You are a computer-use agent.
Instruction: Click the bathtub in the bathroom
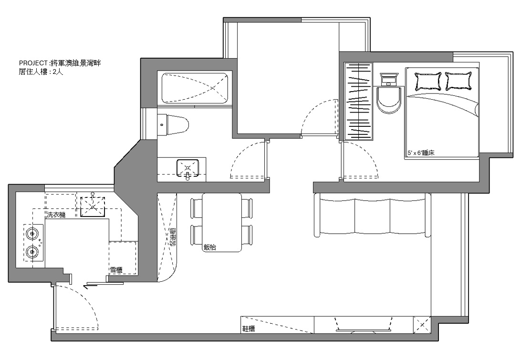pyautogui.click(x=195, y=88)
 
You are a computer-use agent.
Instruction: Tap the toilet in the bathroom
pyautogui.click(x=173, y=125)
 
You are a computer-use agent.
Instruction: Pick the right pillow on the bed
pyautogui.click(x=458, y=81)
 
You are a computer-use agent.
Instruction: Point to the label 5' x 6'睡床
pyautogui.click(x=421, y=154)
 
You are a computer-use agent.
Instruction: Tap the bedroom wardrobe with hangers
pyautogui.click(x=358, y=101)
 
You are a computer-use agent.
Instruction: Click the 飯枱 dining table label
pyautogui.click(x=210, y=247)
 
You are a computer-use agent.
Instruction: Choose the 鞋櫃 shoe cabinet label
pyautogui.click(x=249, y=329)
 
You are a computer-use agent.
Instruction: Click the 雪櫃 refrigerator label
pyautogui.click(x=116, y=270)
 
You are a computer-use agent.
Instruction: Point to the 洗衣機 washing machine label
pyautogui.click(x=56, y=215)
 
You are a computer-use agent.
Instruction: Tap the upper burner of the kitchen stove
pyautogui.click(x=32, y=234)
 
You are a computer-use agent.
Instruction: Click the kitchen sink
pyautogui.click(x=93, y=206)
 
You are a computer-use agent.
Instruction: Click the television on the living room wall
pyautogui.click(x=362, y=325)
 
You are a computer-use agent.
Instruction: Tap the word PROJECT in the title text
pyautogui.click(x=33, y=63)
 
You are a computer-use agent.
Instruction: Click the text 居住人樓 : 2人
pyautogui.click(x=41, y=72)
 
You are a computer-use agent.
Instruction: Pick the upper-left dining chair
pyautogui.click(x=197, y=208)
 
